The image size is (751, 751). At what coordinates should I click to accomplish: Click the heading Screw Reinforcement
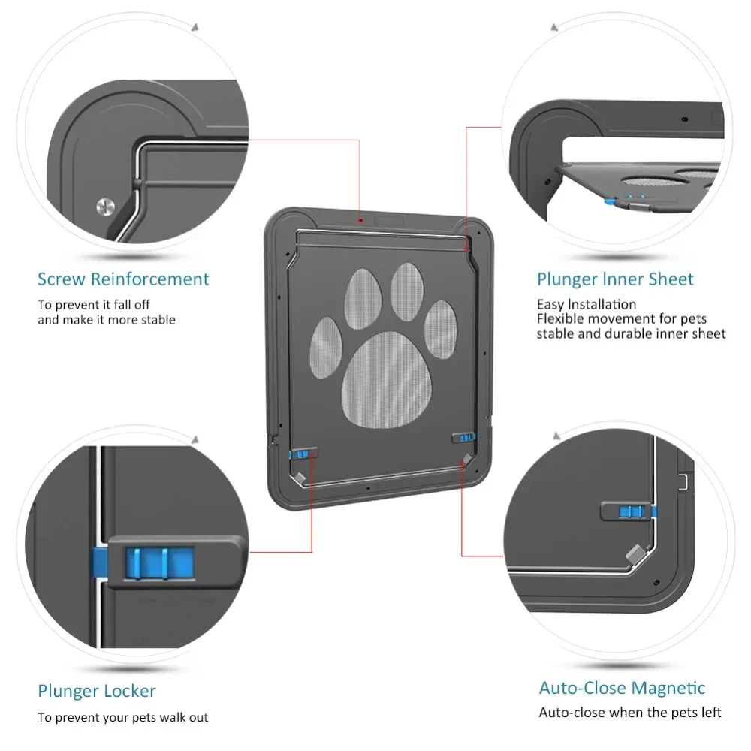(123, 279)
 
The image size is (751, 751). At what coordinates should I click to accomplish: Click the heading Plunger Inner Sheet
(615, 279)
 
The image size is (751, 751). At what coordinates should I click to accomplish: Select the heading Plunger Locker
(97, 690)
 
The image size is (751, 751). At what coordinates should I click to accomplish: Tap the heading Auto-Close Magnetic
(622, 688)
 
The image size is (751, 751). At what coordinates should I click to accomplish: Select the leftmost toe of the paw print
(326, 341)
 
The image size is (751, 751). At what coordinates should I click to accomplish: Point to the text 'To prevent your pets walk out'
(123, 717)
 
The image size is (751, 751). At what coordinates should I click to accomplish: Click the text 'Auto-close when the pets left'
(629, 712)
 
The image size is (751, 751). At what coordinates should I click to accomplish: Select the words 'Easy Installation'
(586, 304)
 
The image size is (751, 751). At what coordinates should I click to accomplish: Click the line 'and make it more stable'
(107, 320)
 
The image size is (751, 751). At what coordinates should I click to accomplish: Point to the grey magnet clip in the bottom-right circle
(635, 556)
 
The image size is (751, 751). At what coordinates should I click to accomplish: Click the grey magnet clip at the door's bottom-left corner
(299, 477)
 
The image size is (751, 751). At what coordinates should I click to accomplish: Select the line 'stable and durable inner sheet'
(631, 333)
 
